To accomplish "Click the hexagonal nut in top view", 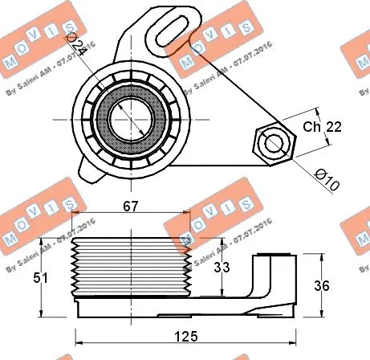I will click(x=274, y=142).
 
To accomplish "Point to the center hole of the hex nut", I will click(x=274, y=142).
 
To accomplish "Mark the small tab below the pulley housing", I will click(x=90, y=166).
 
